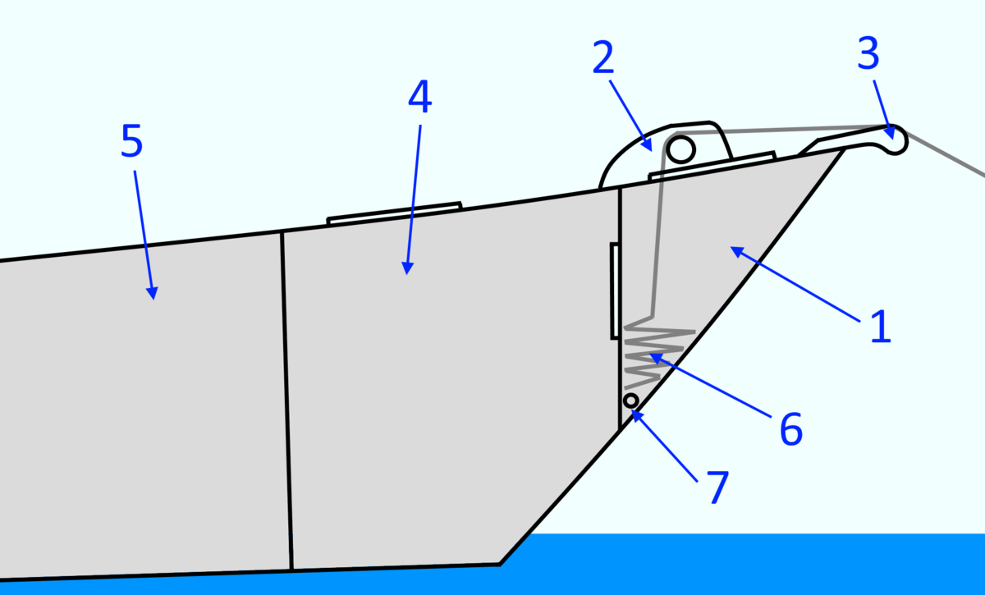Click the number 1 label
pyautogui.click(x=878, y=327)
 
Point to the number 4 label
pyautogui.click(x=419, y=98)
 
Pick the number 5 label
pyautogui.click(x=131, y=141)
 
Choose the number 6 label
pyautogui.click(x=790, y=429)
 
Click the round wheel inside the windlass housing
pyautogui.click(x=680, y=149)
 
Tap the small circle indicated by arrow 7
pyautogui.click(x=630, y=400)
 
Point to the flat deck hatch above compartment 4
pyautogui.click(x=394, y=213)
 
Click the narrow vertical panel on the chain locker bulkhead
pyautogui.click(x=613, y=291)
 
